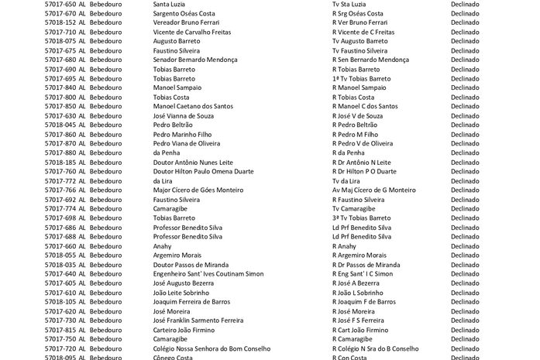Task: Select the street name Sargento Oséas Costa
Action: [x=184, y=13]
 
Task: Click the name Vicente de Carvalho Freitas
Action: [x=193, y=32]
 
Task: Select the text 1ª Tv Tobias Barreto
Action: [x=361, y=78]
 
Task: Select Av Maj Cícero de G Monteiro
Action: [x=373, y=190]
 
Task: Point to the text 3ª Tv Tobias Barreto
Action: [x=361, y=218]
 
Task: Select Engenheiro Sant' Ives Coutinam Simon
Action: [x=208, y=274]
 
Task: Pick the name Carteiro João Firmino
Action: [x=184, y=330]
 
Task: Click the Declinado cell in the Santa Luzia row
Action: [x=465, y=4]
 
